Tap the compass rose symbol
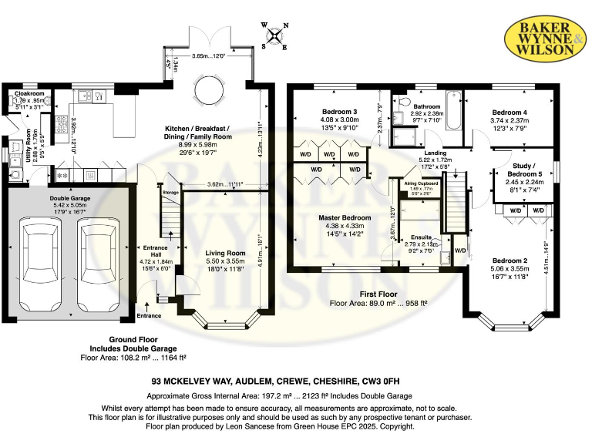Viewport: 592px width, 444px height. (276, 35)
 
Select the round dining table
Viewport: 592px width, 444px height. (210, 92)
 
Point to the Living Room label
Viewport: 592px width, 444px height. (225, 253)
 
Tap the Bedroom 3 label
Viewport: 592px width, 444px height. (340, 113)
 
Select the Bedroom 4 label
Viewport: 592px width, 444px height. (509, 113)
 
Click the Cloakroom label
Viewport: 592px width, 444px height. (29, 94)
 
